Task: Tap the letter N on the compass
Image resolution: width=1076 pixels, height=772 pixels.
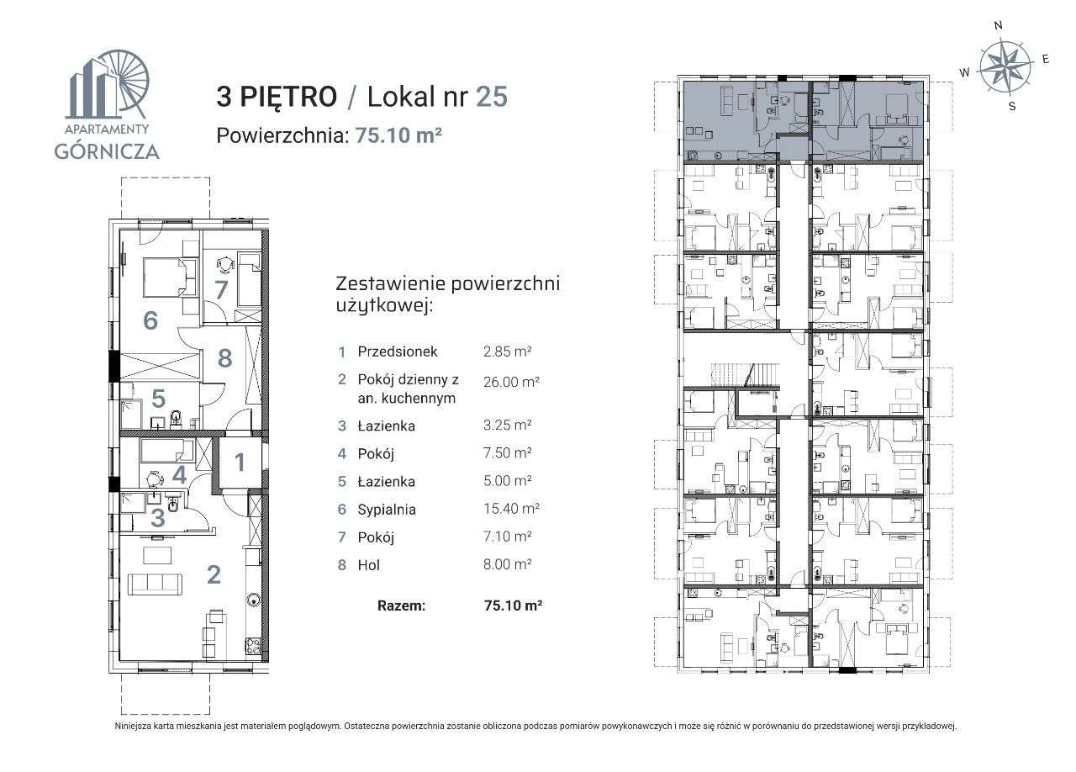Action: coord(998,25)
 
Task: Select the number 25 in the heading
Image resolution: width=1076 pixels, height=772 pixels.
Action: coord(492,97)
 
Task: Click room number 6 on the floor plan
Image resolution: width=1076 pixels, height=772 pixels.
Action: coord(150,320)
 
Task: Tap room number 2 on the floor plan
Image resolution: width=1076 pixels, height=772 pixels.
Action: coord(214,574)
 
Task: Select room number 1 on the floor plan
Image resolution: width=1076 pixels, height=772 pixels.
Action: coord(240,462)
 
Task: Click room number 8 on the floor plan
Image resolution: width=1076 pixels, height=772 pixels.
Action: coord(224,358)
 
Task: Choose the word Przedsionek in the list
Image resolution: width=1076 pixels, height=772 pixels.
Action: coord(397,352)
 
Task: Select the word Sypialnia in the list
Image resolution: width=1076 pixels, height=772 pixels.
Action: coord(387,509)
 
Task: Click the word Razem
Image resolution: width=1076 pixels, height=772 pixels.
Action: coord(402,605)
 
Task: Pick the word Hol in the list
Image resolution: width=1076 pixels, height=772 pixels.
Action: coord(368,565)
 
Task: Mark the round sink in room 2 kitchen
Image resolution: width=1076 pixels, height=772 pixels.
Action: coord(253,600)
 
